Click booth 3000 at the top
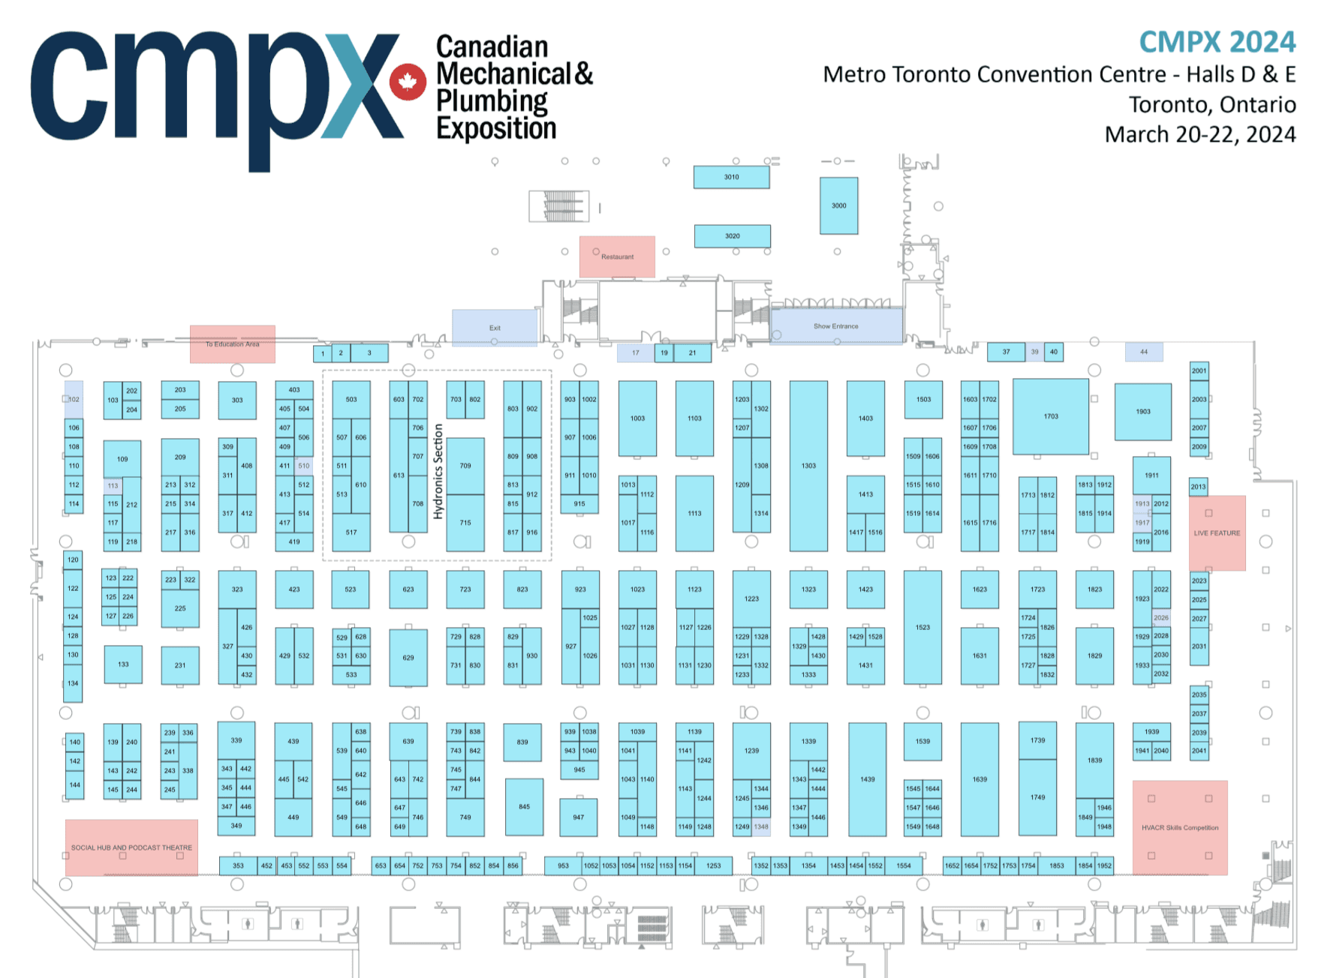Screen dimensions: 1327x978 point(838,205)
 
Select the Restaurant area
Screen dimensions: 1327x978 point(617,256)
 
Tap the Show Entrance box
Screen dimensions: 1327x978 point(836,326)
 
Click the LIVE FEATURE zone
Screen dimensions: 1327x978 point(1217,532)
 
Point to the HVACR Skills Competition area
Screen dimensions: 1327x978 point(1180,827)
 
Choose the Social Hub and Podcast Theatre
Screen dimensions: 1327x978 point(131,847)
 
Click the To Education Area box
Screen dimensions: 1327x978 point(233,344)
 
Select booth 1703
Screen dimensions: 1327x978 point(1050,416)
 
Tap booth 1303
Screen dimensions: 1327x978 point(808,466)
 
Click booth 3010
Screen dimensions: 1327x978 point(731,177)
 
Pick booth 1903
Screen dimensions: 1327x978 point(1142,412)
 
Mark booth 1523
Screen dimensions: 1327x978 point(922,627)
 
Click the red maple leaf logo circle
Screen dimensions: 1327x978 point(408,81)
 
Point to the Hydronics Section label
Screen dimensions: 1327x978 point(438,471)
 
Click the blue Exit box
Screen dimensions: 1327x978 point(495,328)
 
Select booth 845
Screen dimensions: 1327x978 point(524,807)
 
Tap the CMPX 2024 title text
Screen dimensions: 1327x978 point(1217,42)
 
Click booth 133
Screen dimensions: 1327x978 point(123,664)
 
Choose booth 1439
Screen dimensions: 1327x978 point(867,779)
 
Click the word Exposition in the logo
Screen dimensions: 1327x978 point(496,128)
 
